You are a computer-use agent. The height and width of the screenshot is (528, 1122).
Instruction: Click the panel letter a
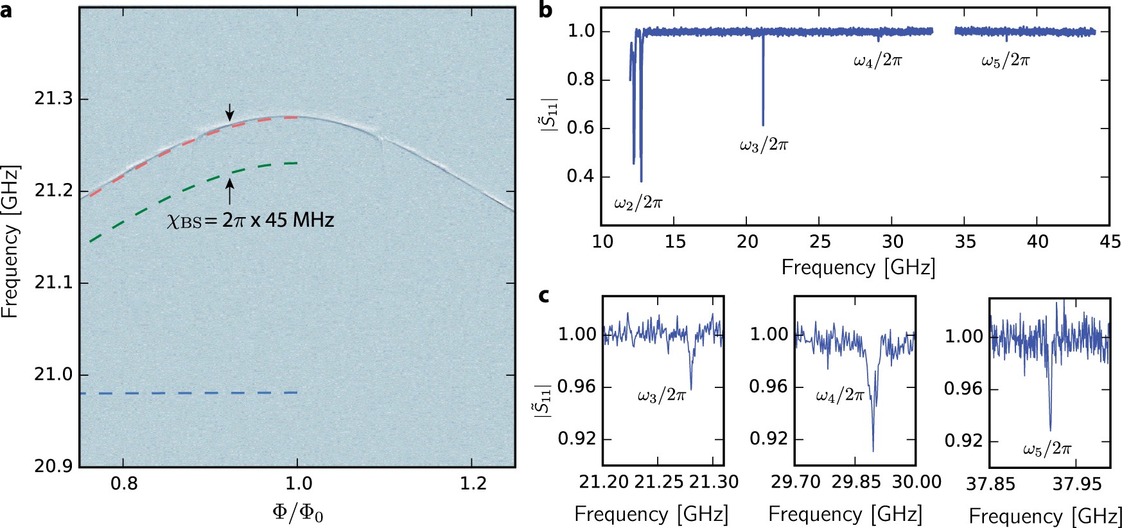(6, 10)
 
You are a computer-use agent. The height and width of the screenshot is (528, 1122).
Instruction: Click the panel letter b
(545, 10)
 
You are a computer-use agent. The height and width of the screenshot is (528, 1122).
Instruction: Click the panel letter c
(544, 295)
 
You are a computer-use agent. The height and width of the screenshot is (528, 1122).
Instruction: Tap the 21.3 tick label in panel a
(53, 99)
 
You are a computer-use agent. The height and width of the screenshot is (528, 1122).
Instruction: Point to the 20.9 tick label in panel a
(53, 466)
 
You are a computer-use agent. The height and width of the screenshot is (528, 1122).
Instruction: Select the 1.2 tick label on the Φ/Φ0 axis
(473, 483)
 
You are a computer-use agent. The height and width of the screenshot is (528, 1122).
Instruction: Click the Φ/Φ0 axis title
(297, 513)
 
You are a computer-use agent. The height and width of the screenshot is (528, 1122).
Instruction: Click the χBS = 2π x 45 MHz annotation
(250, 220)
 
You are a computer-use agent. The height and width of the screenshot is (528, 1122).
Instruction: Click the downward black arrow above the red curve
(230, 113)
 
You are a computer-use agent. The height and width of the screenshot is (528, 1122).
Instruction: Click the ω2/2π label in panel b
(638, 204)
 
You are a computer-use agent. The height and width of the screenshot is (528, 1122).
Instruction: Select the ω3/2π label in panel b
(763, 145)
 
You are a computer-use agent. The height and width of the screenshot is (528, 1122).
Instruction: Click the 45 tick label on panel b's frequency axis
(1110, 242)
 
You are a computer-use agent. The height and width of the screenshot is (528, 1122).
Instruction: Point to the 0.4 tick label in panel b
(580, 176)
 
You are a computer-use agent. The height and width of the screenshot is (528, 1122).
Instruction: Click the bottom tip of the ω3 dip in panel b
(763, 125)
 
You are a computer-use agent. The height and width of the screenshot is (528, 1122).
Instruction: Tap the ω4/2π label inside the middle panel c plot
(839, 396)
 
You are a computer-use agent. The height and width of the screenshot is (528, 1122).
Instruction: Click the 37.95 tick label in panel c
(1076, 483)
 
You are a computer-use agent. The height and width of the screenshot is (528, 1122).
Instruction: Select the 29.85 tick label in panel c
(856, 482)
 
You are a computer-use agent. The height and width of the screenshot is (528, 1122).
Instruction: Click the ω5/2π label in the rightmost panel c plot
(1047, 449)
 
